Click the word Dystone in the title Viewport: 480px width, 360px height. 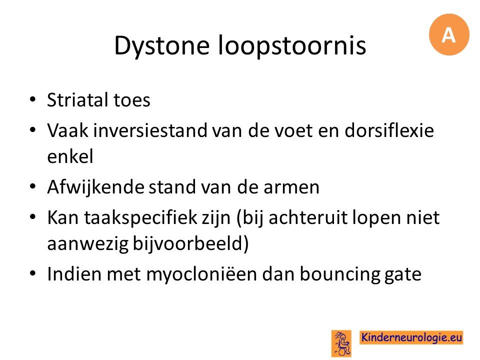(x=162, y=46)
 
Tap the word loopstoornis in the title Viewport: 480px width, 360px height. (x=292, y=46)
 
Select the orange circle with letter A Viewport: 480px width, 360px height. (x=449, y=34)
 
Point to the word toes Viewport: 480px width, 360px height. (x=132, y=100)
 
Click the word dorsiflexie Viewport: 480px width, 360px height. (x=389, y=130)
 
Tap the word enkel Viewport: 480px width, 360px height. (x=70, y=156)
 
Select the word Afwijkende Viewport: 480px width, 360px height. (x=95, y=186)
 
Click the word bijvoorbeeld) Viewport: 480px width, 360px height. (x=190, y=243)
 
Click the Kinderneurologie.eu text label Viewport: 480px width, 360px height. (x=411, y=337)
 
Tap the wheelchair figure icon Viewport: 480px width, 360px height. (x=341, y=343)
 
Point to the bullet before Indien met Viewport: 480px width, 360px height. (x=33, y=273)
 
